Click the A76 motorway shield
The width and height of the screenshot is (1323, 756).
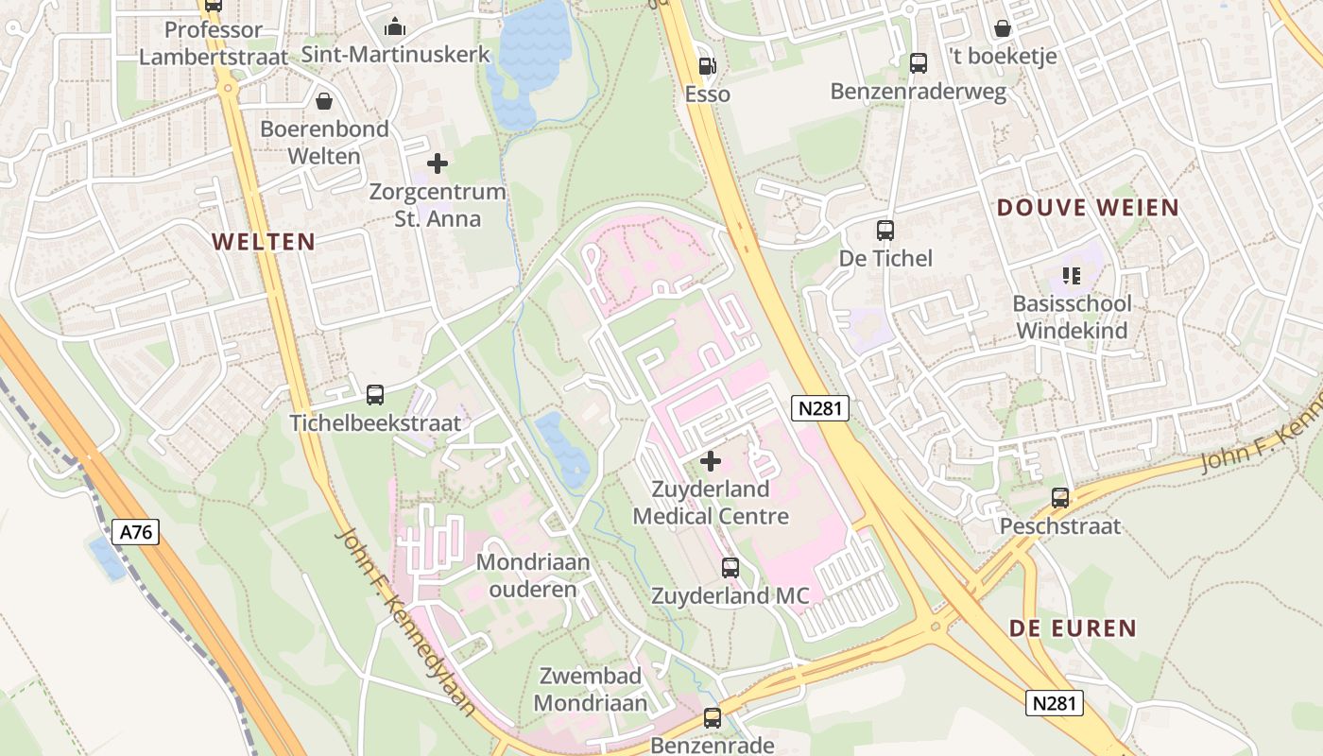coord(136,532)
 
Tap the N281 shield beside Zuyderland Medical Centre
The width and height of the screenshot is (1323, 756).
coord(820,408)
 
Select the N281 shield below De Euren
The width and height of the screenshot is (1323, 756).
coord(1054,702)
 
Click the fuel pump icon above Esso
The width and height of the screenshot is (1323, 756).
coord(706,65)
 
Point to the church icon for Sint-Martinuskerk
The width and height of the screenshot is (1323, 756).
coord(395,26)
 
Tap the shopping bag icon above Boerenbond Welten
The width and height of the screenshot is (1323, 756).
coord(324,100)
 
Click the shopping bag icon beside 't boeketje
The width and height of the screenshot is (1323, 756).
coord(1002,28)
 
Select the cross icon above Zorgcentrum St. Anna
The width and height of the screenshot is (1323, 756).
coord(437,163)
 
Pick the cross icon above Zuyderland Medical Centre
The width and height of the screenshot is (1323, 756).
coord(711,461)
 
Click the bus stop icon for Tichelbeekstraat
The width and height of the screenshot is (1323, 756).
coord(375,395)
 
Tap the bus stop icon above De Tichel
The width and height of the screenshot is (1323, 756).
coord(885,230)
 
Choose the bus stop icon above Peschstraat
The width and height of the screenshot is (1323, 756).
coord(1060,498)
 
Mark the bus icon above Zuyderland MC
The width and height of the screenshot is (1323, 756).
coord(730,567)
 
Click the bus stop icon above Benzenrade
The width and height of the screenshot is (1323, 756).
coord(713,718)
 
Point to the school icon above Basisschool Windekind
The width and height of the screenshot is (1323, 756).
coord(1071,276)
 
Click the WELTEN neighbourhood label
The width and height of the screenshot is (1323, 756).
coord(264,242)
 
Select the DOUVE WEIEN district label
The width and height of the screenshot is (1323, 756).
coord(1088,208)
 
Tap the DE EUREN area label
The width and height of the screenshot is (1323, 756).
coord(1073,628)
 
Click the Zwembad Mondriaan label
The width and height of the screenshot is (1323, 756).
coord(592,689)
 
